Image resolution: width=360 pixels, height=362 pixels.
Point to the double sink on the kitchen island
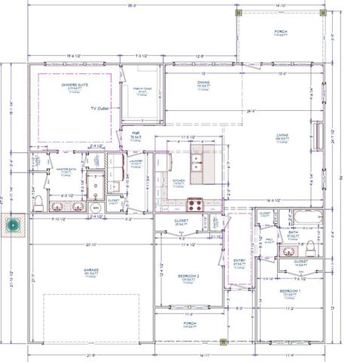[196, 159]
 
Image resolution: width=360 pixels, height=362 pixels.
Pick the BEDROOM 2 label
[188, 276]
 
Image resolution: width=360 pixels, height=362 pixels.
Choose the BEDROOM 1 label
[290, 290]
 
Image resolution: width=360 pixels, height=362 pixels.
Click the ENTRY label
[239, 261]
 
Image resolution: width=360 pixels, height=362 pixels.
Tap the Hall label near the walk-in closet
[136, 133]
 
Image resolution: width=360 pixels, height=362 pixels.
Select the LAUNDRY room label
[136, 161]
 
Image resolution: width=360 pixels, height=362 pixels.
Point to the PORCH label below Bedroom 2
[190, 322]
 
